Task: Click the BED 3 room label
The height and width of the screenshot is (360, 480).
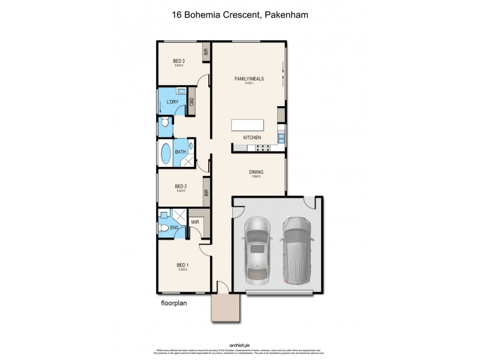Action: pyautogui.click(x=178, y=61)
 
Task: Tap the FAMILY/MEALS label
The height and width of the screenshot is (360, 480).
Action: pyautogui.click(x=250, y=79)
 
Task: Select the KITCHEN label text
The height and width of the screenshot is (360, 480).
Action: pyautogui.click(x=251, y=138)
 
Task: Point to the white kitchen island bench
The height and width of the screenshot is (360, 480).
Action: pyautogui.click(x=247, y=125)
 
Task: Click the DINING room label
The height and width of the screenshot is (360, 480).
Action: pyautogui.click(x=256, y=172)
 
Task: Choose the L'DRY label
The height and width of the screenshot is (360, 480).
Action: pyautogui.click(x=172, y=102)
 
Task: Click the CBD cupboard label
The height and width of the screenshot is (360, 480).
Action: pyautogui.click(x=192, y=101)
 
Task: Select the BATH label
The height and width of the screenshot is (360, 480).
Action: pyautogui.click(x=181, y=152)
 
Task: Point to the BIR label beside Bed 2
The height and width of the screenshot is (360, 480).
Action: pyautogui.click(x=206, y=193)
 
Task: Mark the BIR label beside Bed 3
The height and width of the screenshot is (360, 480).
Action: pyautogui.click(x=206, y=52)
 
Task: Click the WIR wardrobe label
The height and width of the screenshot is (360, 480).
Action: pyautogui.click(x=195, y=222)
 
